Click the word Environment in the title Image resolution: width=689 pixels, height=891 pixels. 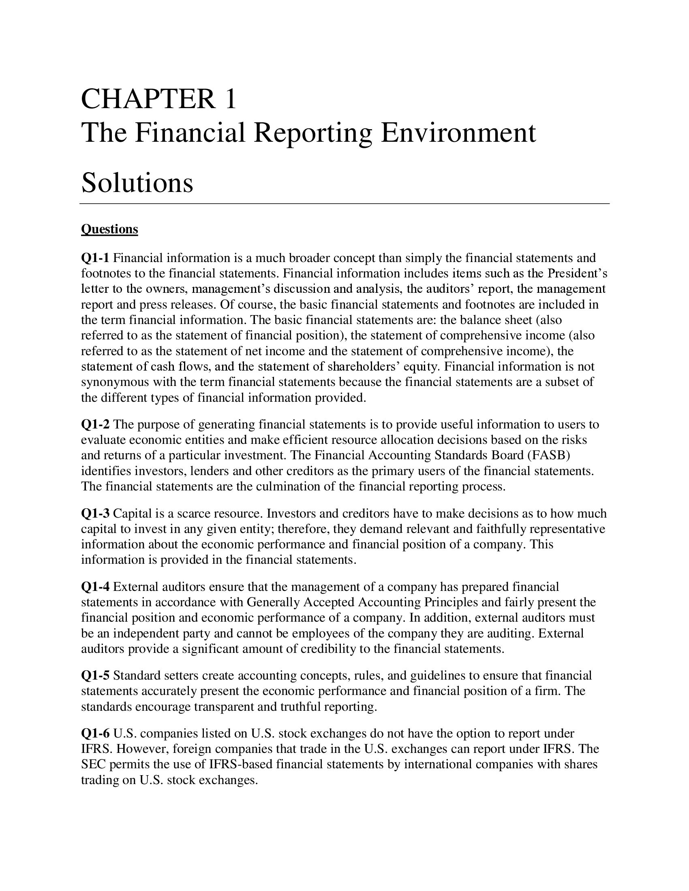tap(458, 133)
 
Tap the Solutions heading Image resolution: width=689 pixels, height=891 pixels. tap(137, 183)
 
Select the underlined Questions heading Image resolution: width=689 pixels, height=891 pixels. tap(109, 229)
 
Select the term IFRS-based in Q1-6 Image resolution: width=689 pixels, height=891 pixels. tap(241, 765)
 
